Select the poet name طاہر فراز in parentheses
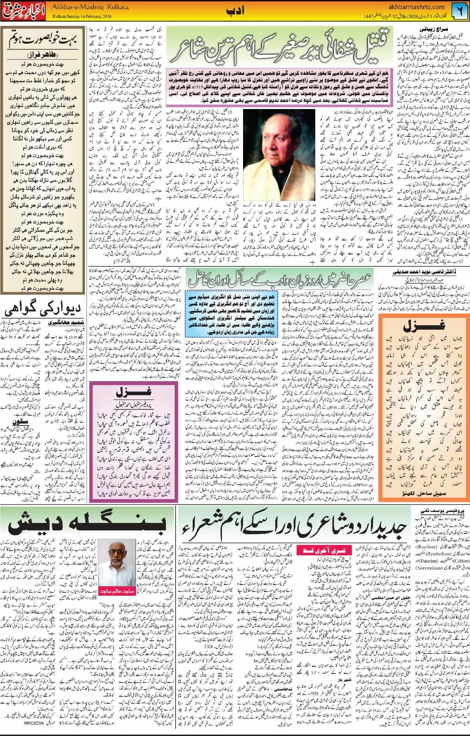click(x=44, y=54)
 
